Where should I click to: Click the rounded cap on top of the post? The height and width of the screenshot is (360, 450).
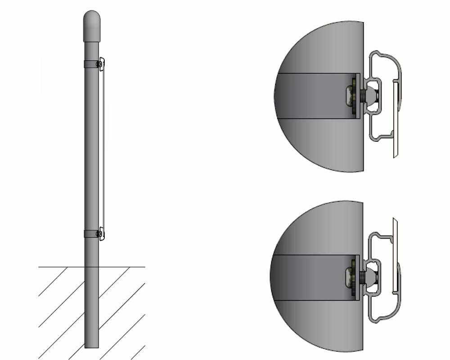[x=92, y=26]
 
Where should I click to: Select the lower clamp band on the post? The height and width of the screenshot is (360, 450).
[x=90, y=234]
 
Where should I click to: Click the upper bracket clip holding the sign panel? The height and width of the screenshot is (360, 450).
[x=101, y=64]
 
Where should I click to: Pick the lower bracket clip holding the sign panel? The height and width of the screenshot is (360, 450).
[x=102, y=234]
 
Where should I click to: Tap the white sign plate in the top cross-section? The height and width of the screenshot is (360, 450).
[x=396, y=119]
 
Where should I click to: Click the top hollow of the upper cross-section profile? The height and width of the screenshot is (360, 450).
[x=385, y=63]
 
